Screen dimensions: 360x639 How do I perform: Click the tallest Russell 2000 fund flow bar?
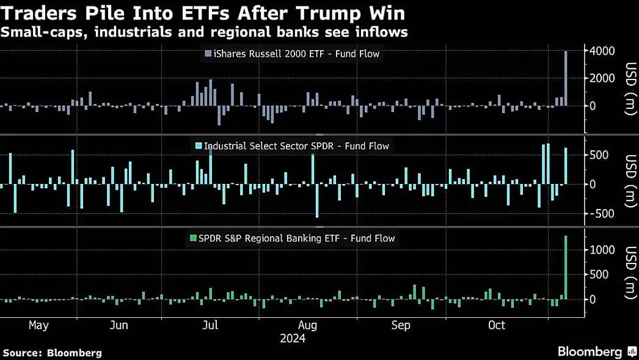click(x=566, y=78)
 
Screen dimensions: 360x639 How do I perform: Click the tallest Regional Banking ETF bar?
click(x=566, y=268)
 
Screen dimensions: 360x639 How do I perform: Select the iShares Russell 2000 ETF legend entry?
click(x=291, y=54)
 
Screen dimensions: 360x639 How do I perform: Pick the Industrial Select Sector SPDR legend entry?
click(x=291, y=146)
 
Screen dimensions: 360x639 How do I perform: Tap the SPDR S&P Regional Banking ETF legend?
click(x=292, y=238)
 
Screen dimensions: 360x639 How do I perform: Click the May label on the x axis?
click(x=38, y=325)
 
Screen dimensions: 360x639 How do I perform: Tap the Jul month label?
click(x=210, y=325)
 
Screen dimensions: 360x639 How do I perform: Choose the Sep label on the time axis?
click(x=401, y=325)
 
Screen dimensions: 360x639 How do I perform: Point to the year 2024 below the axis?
click(x=292, y=338)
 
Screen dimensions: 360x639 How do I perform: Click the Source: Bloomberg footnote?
click(x=53, y=353)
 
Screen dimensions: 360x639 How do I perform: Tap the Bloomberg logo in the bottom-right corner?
click(x=590, y=351)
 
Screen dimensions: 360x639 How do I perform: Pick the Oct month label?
click(x=497, y=325)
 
